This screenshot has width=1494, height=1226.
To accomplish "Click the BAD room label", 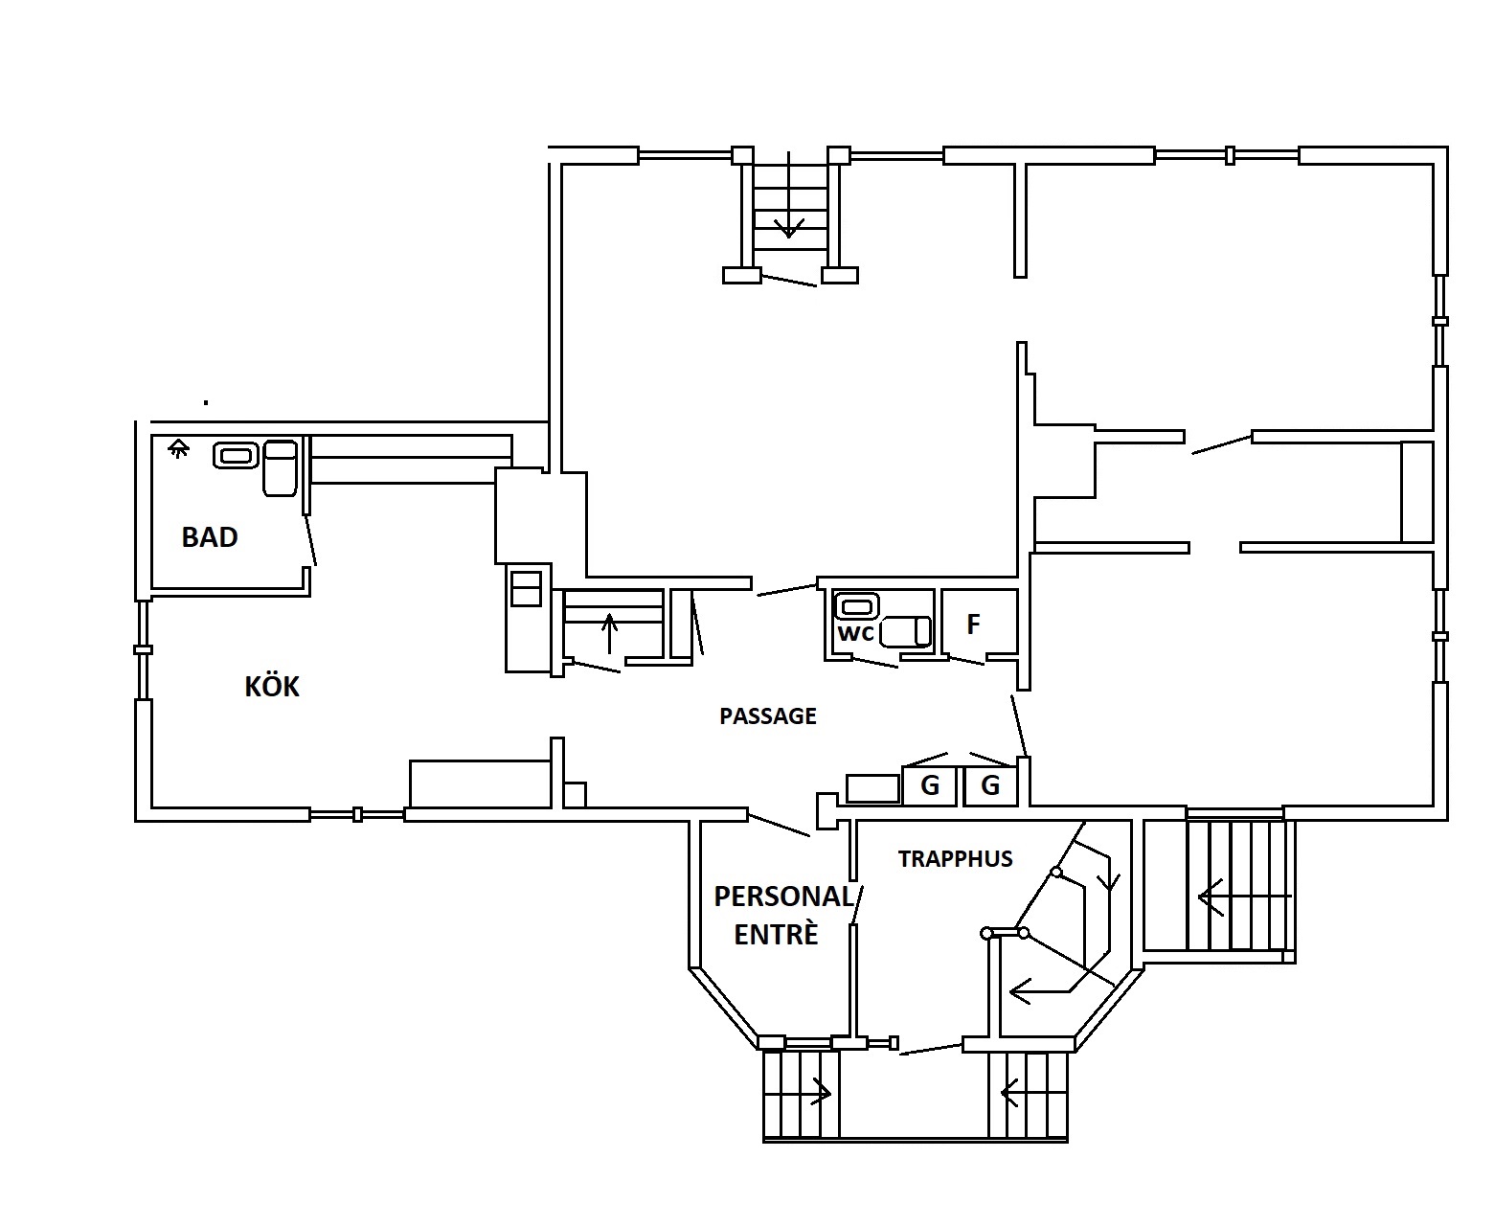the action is pyautogui.click(x=210, y=537).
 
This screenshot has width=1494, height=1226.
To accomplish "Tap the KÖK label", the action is pyautogui.click(x=272, y=686).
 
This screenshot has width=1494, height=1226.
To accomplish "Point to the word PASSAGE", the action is pyautogui.click(x=768, y=715).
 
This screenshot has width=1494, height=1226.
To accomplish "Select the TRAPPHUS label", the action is pyautogui.click(x=955, y=859).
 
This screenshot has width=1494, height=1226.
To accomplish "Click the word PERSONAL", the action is pyautogui.click(x=783, y=897).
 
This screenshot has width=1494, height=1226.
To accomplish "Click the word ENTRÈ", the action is pyautogui.click(x=776, y=935).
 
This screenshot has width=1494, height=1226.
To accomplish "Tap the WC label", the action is pyautogui.click(x=856, y=633).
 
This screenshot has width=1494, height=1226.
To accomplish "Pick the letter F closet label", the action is pyautogui.click(x=973, y=624).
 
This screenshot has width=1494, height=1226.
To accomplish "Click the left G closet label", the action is pyautogui.click(x=929, y=785).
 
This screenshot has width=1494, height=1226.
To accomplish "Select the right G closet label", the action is pyautogui.click(x=989, y=785).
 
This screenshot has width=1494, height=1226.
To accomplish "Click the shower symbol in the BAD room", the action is pyautogui.click(x=178, y=448).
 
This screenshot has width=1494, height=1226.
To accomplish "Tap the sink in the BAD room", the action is pyautogui.click(x=236, y=456).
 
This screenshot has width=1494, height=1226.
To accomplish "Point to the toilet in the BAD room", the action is pyautogui.click(x=280, y=467).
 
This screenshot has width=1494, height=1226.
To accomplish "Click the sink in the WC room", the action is pyautogui.click(x=857, y=606).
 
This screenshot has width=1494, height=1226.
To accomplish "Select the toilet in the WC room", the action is pyautogui.click(x=905, y=631).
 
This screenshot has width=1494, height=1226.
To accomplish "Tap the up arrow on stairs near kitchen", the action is pyautogui.click(x=609, y=633).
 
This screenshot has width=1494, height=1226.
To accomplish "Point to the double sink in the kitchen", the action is pyautogui.click(x=526, y=589).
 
